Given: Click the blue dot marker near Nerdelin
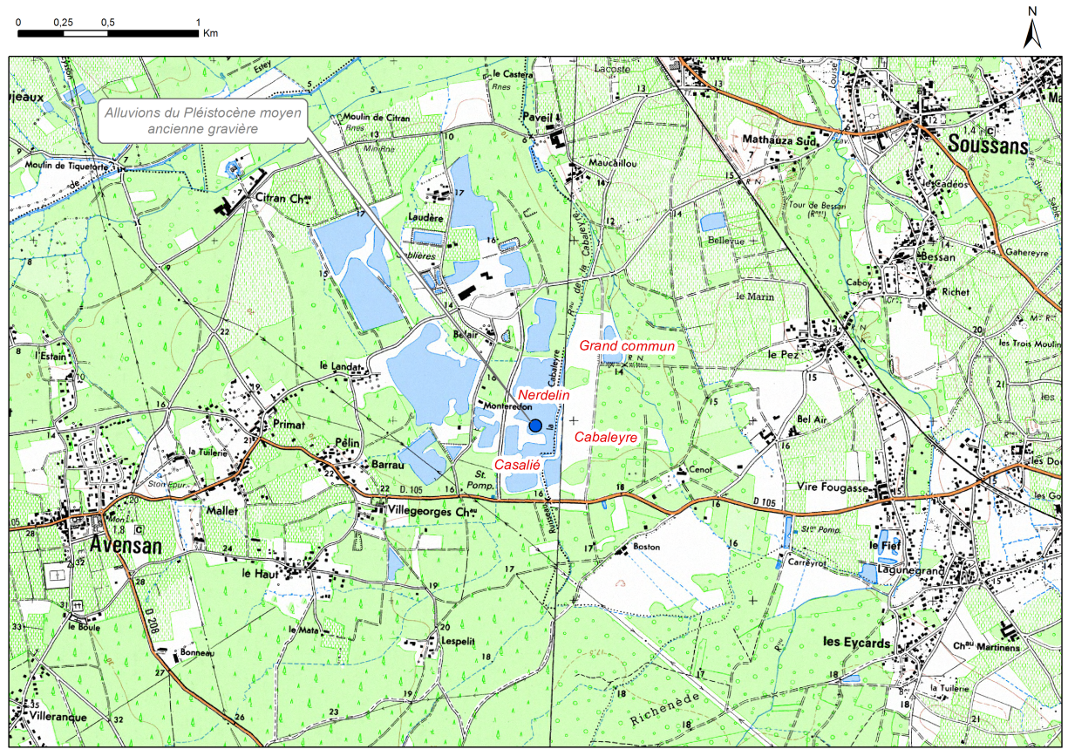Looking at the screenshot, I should [535, 425].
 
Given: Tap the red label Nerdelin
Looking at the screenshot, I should [543, 395].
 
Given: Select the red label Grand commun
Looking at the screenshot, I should [628, 346].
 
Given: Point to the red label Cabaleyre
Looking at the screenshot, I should [606, 436].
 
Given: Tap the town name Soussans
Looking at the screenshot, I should [989, 143].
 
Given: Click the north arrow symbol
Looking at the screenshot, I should [1032, 30].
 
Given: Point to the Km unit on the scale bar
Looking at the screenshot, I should [210, 34].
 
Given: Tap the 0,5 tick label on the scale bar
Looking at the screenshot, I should [108, 21].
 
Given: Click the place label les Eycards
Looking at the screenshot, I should [857, 643].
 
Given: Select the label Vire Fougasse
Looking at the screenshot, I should [833, 487].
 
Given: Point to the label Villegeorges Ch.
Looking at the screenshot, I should [433, 512].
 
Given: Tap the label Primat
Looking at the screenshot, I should [289, 424].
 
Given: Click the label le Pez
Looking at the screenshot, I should [782, 355].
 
